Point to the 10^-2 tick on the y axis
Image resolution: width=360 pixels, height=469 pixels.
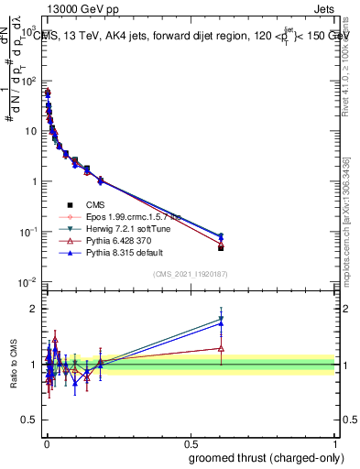pyautogui.click(x=29, y=281)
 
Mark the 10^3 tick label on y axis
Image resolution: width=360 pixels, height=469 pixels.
pyautogui.click(x=29, y=30)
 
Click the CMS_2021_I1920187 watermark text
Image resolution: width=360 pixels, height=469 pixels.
pyautogui.click(x=190, y=274)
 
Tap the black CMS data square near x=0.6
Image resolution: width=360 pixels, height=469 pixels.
pyautogui.click(x=221, y=247)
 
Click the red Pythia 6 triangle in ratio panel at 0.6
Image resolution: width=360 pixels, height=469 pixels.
pyautogui.click(x=221, y=348)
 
